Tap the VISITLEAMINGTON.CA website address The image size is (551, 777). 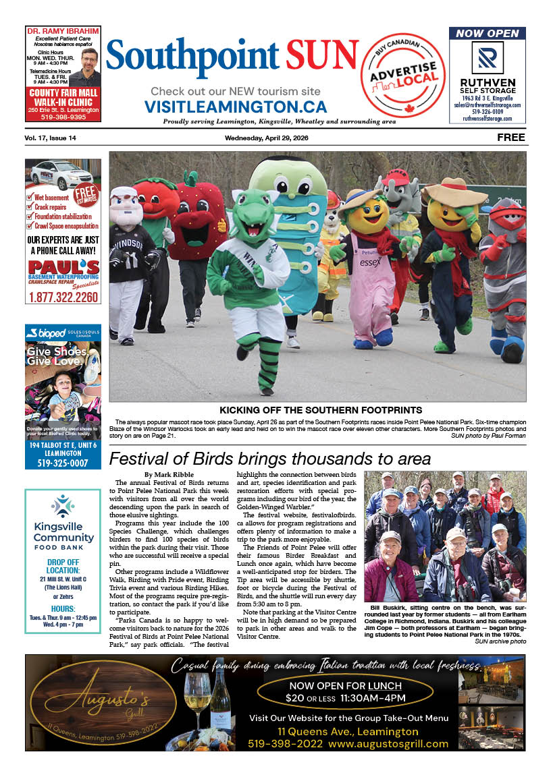[x=235, y=107]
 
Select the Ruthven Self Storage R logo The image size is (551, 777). [x=487, y=58]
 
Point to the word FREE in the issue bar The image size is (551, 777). [x=511, y=138]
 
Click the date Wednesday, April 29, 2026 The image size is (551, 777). [x=275, y=138]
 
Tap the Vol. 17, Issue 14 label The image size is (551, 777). [x=50, y=138]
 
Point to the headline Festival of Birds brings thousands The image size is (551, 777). [x=269, y=459]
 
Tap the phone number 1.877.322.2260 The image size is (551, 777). [x=63, y=296]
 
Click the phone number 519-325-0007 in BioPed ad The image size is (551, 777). [x=63, y=463]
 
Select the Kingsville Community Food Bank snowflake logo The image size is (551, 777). [x=63, y=505]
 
